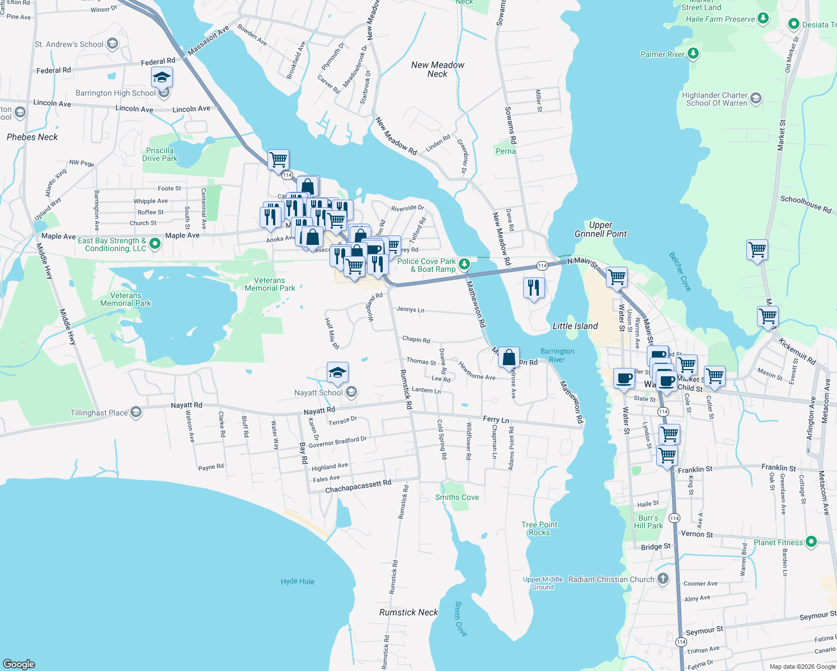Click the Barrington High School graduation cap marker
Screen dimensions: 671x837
pyautogui.click(x=162, y=78)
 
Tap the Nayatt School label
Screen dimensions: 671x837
pyautogui.click(x=318, y=393)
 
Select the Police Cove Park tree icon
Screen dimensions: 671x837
pyautogui.click(x=464, y=264)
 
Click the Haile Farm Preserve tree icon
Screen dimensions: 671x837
pyautogui.click(x=763, y=18)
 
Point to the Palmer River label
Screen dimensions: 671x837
pyautogui.click(x=662, y=54)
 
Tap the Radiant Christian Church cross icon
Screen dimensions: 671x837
pyautogui.click(x=663, y=579)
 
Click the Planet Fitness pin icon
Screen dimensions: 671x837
pyautogui.click(x=811, y=541)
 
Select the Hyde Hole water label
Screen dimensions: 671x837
pyautogui.click(x=298, y=582)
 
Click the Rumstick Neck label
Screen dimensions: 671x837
pyautogui.click(x=408, y=612)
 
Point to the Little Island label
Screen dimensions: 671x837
pyautogui.click(x=575, y=326)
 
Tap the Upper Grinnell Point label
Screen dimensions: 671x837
pyautogui.click(x=600, y=229)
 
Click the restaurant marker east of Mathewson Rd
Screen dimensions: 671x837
pyautogui.click(x=534, y=288)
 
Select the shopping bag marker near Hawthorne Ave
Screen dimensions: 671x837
pyautogui.click(x=509, y=357)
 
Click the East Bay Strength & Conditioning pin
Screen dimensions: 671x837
pyautogui.click(x=155, y=244)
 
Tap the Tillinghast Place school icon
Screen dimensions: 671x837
pyautogui.click(x=136, y=413)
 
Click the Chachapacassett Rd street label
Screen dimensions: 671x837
pyautogui.click(x=358, y=486)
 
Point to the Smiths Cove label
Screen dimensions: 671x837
pyautogui.click(x=457, y=497)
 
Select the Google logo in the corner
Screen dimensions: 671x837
pyautogui.click(x=19, y=664)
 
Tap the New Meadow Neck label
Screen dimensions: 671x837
pyautogui.click(x=438, y=69)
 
